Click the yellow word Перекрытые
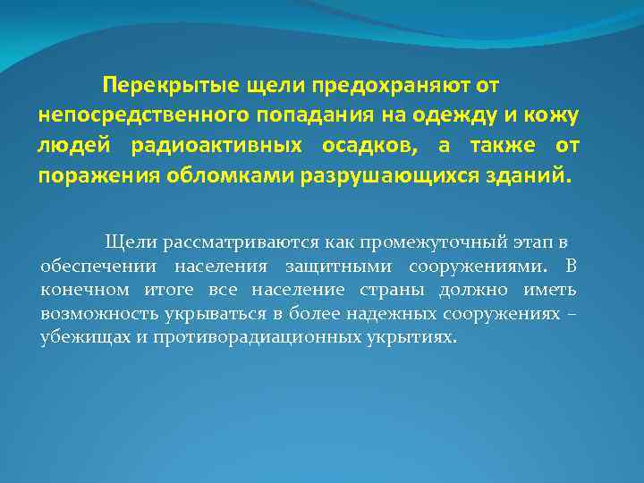(156, 85)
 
